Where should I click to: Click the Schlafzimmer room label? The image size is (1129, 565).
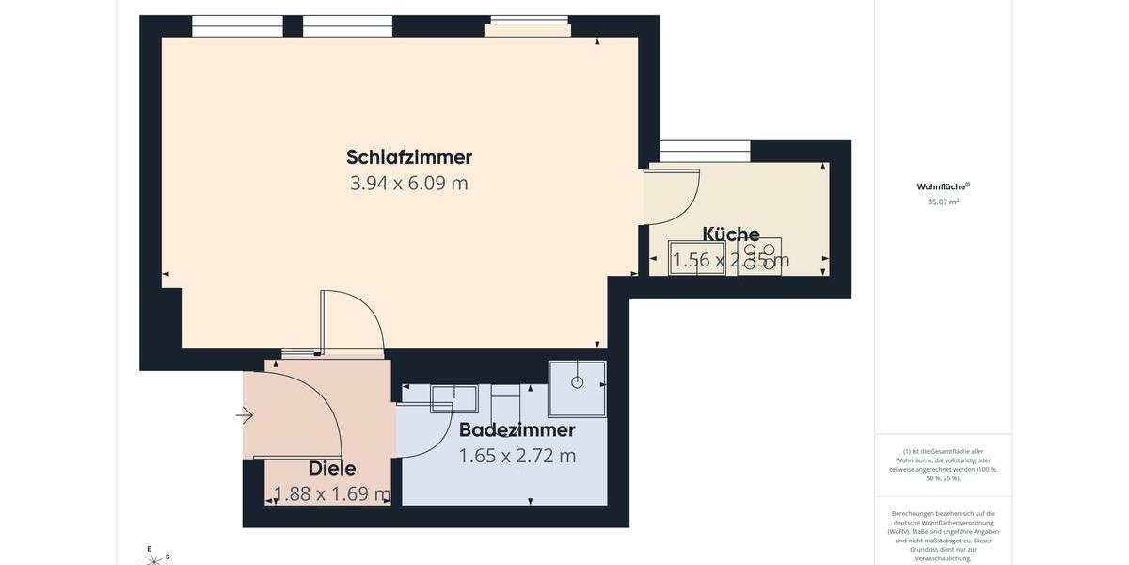coord(408,157)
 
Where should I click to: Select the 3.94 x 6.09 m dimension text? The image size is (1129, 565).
coord(408,183)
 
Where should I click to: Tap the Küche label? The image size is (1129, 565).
coord(731,234)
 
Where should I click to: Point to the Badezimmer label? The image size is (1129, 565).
coord(517,430)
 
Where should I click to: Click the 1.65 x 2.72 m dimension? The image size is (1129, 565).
coord(517,456)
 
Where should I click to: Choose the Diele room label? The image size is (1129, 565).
coord(332,468)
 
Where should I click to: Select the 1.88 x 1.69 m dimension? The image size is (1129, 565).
coord(332,493)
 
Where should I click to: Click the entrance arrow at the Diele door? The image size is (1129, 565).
coord(245,415)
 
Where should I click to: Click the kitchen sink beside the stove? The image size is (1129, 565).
coord(696,257)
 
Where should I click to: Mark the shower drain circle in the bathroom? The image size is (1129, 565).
coord(577,381)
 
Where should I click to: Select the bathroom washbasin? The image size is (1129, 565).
coord(453,397)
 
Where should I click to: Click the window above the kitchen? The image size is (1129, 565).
coord(705,151)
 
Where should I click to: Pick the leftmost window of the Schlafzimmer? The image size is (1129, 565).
coord(237,25)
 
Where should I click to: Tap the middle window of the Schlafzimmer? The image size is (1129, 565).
coord(347,25)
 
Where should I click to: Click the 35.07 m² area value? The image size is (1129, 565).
coord(943,202)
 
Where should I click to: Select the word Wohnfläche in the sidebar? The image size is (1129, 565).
coord(941,186)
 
